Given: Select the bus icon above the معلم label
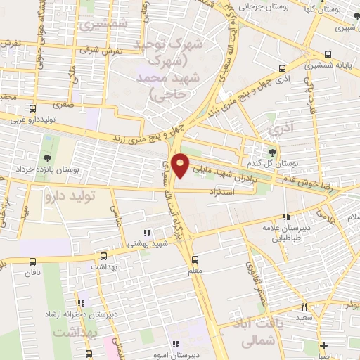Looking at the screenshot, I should click(x=195, y=258).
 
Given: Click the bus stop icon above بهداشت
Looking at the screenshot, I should click(x=104, y=256).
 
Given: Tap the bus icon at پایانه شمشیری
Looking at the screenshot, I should click(x=328, y=54).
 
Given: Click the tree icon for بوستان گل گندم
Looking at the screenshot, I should click(x=272, y=150).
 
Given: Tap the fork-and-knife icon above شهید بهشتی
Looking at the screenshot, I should click(x=146, y=233).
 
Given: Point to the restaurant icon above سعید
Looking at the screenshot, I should click(x=304, y=306).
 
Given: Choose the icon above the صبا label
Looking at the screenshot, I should click(x=323, y=345).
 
